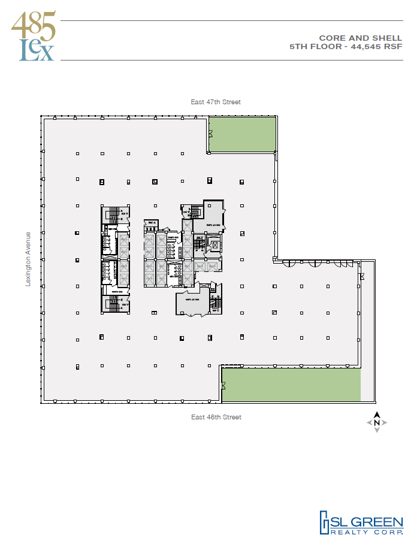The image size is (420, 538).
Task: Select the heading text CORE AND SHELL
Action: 368,38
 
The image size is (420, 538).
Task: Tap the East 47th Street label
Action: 216,102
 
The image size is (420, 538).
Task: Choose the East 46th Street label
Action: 216,417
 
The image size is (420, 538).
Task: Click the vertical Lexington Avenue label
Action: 28,259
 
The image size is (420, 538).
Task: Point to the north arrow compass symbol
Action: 377,422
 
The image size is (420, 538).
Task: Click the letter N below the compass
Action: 377,423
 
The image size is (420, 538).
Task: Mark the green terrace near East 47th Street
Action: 242,134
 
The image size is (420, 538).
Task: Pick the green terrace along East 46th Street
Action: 291,385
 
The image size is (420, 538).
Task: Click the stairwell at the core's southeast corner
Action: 215,304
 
